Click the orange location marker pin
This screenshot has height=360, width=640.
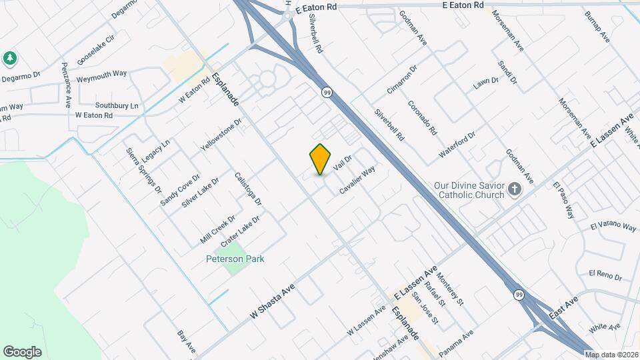coord(321,159)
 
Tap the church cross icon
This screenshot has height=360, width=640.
coord(514,189)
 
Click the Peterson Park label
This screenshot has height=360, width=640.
coord(235,258)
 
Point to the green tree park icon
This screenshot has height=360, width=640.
coord(9,58)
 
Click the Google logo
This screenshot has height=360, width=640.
coord(22,351)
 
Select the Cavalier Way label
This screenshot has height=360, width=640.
coord(357,180)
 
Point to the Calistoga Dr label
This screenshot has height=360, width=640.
coord(248,189)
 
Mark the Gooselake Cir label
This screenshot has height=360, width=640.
coord(97,46)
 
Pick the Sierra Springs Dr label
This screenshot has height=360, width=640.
coord(144,169)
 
